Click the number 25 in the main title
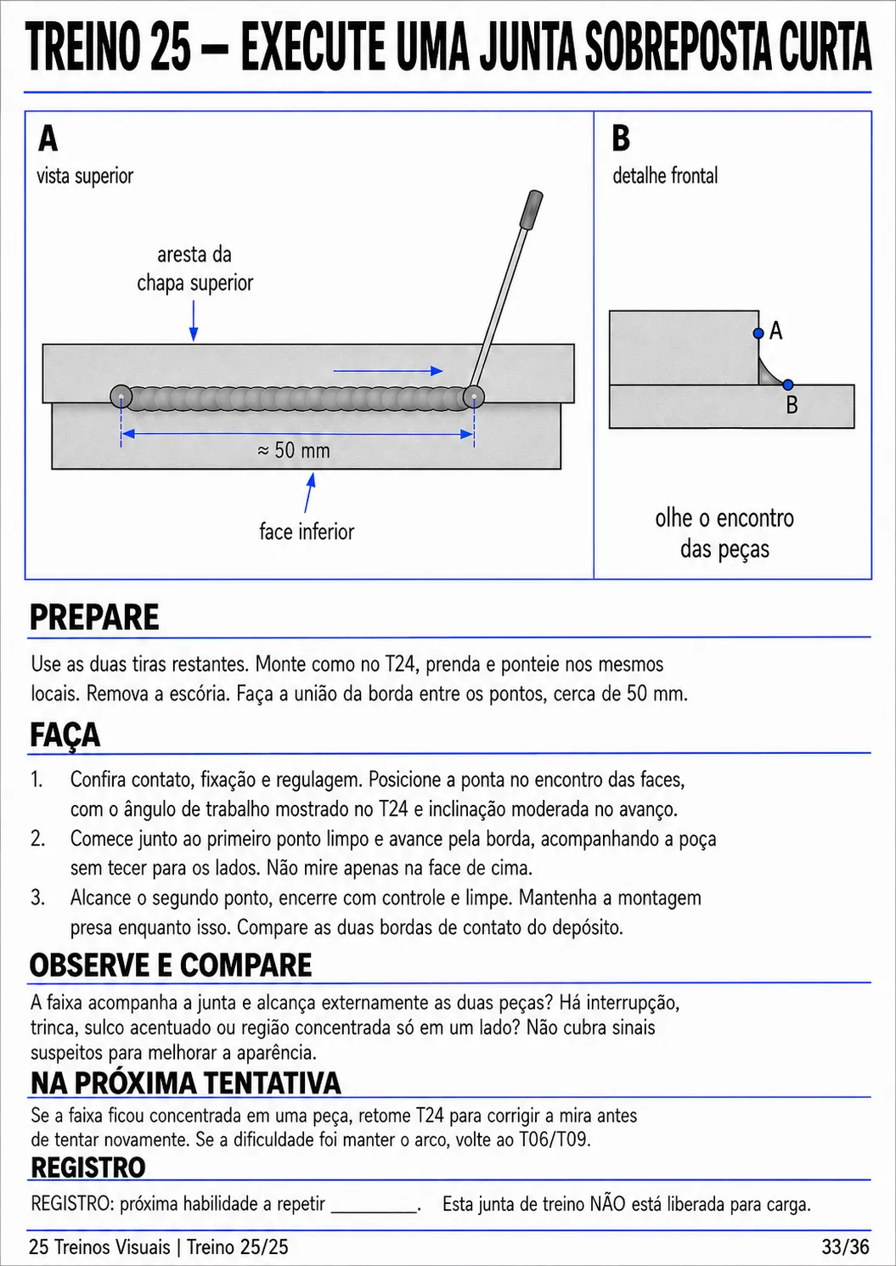(172, 47)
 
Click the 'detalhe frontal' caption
(665, 176)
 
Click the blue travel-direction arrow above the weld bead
(388, 371)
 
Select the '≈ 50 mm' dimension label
(293, 451)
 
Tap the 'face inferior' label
(307, 532)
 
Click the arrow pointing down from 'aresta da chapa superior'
(194, 320)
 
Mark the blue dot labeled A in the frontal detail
(758, 334)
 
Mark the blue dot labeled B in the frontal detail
(788, 385)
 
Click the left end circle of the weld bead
(121, 397)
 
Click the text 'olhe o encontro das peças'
(724, 533)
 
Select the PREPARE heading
(94, 617)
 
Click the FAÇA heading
(65, 734)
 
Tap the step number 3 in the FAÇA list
(37, 897)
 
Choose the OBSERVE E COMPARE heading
(171, 965)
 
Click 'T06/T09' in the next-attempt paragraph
(555, 1139)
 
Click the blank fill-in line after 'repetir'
(374, 1212)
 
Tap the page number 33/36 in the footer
(846, 1246)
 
